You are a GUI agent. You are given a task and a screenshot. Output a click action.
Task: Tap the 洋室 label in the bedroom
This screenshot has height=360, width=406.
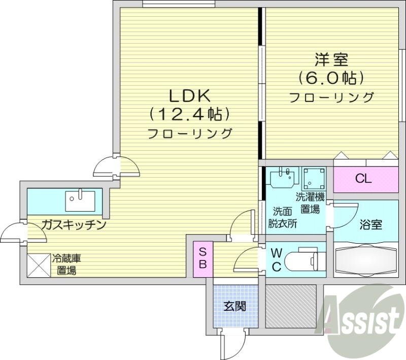click(x=331, y=59)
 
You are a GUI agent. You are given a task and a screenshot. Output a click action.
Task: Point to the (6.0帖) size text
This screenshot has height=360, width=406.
click(x=331, y=78)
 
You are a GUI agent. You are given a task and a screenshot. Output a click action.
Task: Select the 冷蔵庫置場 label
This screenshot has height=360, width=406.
click(x=65, y=264)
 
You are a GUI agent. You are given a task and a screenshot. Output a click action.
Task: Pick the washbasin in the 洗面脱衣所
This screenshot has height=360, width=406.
click(x=283, y=178)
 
